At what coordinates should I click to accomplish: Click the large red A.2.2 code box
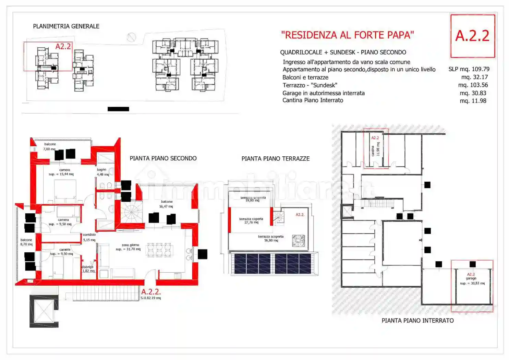point(472,36)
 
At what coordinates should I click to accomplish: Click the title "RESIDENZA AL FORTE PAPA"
point(347,35)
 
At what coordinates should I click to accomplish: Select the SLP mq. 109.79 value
point(469,69)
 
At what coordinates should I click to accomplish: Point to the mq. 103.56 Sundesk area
point(473,85)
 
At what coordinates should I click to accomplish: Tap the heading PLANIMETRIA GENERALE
point(66,26)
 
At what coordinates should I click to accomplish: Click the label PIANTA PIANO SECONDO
point(163,158)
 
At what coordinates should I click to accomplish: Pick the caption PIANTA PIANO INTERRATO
point(417,321)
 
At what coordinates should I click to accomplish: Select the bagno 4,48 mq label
point(102,172)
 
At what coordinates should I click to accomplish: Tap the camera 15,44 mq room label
point(62,172)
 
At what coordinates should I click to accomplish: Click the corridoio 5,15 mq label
point(89,237)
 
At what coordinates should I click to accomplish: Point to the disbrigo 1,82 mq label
point(88,269)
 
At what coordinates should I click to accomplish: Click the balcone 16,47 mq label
point(166,204)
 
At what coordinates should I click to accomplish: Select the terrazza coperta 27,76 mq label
point(251,220)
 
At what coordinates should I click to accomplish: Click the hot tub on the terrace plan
point(298,241)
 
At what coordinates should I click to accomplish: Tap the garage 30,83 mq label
point(472,279)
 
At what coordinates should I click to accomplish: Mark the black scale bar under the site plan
point(118,109)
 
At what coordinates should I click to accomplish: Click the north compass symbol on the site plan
point(131,37)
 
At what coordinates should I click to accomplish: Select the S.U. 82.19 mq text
point(151,298)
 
